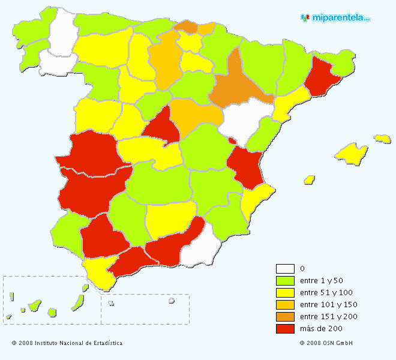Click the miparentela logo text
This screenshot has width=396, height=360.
pyautogui.click(x=340, y=18)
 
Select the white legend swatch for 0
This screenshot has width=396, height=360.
pyautogui.click(x=285, y=269)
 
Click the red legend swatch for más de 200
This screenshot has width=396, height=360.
pyautogui.click(x=285, y=329)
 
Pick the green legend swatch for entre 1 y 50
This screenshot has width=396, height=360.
pyautogui.click(x=285, y=281)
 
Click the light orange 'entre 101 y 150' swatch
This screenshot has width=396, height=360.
pyautogui.click(x=285, y=305)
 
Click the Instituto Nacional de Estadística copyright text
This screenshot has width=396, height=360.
pyautogui.click(x=67, y=343)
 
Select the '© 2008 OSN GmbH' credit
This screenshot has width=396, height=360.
pyautogui.click(x=326, y=343)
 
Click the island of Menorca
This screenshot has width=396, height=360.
pyautogui.click(x=382, y=139)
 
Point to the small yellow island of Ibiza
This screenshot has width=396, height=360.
pyautogui.click(x=310, y=179)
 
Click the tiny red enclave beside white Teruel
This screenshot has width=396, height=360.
pyautogui.click(x=232, y=141)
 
